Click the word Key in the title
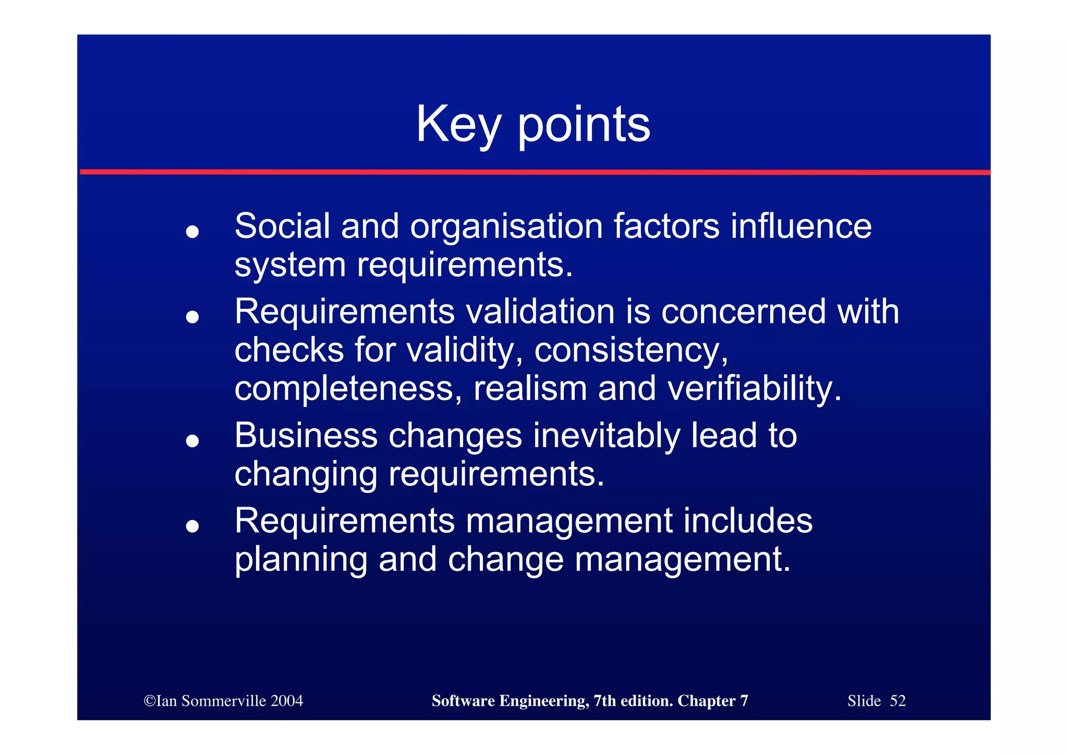tap(458, 125)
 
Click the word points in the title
tap(584, 125)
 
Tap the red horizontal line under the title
tap(534, 172)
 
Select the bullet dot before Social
tap(192, 232)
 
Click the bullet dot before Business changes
tap(192, 441)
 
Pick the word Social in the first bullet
tap(282, 226)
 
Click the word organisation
tap(506, 227)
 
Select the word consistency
tap(631, 351)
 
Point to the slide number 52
tap(897, 701)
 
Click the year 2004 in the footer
tap(286, 701)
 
